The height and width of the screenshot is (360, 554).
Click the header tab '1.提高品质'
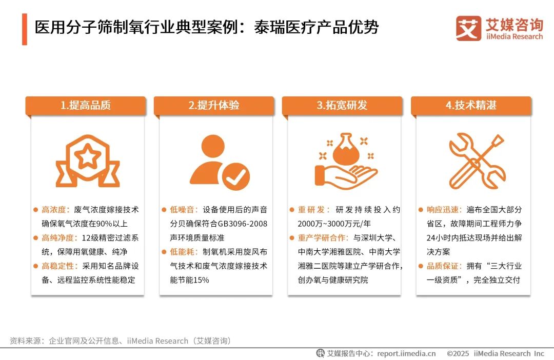coord(86,106)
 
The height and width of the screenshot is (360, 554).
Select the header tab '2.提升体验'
coord(214,106)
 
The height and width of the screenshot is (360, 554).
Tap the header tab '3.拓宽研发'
coord(342,106)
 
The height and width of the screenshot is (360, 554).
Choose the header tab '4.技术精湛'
coord(471,106)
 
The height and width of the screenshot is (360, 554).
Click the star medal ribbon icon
coord(88,161)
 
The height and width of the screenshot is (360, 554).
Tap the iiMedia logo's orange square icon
coord(468,29)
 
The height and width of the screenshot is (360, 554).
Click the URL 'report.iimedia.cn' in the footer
coord(406,353)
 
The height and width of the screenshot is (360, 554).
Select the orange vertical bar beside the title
coord(24,29)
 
